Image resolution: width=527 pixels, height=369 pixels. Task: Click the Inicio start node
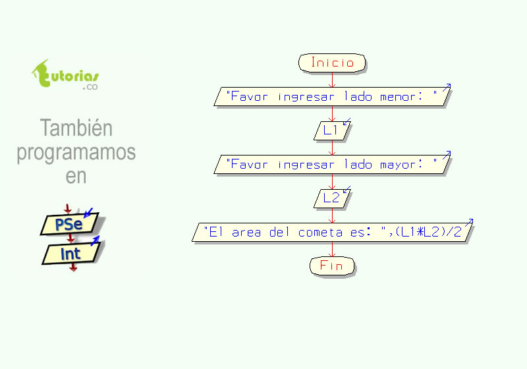pos(332,63)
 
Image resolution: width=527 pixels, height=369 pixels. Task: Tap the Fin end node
pos(332,266)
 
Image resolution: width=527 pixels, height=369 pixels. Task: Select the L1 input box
pos(332,130)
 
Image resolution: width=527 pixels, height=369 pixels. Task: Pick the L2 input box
pos(332,198)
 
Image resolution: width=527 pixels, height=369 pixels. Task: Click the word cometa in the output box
pos(320,232)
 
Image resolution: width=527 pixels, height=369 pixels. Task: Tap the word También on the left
pos(76,128)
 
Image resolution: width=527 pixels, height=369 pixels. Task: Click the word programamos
pos(76,153)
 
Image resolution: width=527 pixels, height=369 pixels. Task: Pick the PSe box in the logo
pos(69,224)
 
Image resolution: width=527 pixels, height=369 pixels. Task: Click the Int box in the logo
pos(71,254)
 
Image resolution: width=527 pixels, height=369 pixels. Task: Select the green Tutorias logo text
pos(65,74)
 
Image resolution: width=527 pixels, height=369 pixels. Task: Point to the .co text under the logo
pos(90,87)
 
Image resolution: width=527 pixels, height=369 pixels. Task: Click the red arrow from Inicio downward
pos(332,80)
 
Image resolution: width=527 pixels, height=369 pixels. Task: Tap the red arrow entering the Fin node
pos(332,249)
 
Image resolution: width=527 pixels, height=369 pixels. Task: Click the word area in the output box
pos(246,232)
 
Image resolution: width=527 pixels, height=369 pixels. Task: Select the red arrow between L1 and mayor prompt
pos(332,148)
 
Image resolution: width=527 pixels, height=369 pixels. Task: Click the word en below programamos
pos(76,176)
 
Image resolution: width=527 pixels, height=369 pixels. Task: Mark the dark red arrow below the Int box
pos(73,267)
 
